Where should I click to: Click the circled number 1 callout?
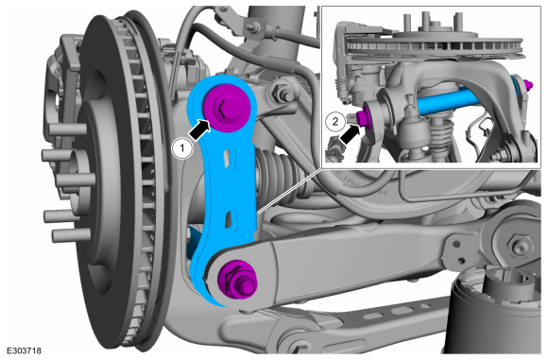click(x=182, y=148)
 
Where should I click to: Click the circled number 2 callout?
click(x=335, y=122)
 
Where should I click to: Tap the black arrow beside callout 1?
click(x=200, y=129)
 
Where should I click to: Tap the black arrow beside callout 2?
click(x=351, y=134)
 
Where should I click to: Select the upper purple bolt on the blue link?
click(x=227, y=107)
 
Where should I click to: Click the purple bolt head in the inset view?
click(x=364, y=116)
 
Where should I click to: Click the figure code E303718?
click(x=24, y=351)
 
